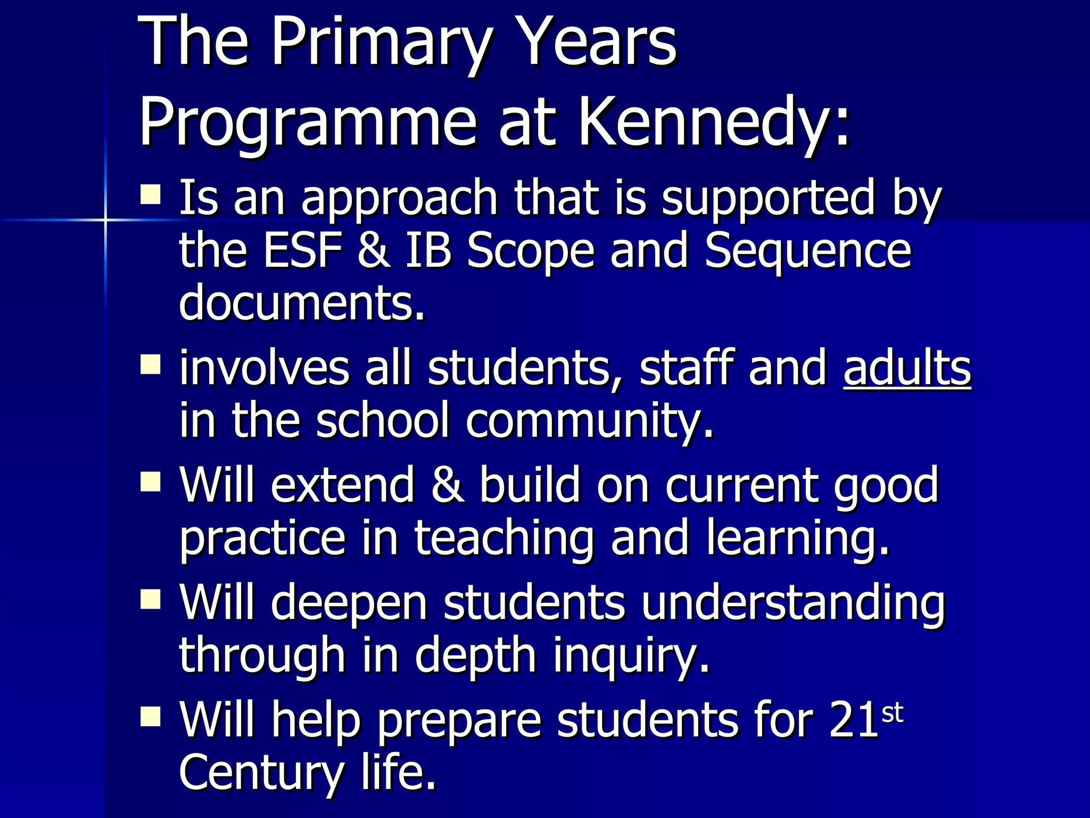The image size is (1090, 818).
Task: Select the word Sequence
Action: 808,251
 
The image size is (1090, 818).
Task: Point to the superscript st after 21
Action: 893,713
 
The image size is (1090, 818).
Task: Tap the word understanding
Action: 792,605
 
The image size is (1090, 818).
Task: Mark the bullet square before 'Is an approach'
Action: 151,194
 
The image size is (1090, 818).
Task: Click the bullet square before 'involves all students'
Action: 151,365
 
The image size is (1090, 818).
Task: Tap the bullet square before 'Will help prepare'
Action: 151,716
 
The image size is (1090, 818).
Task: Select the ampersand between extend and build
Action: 447,485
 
